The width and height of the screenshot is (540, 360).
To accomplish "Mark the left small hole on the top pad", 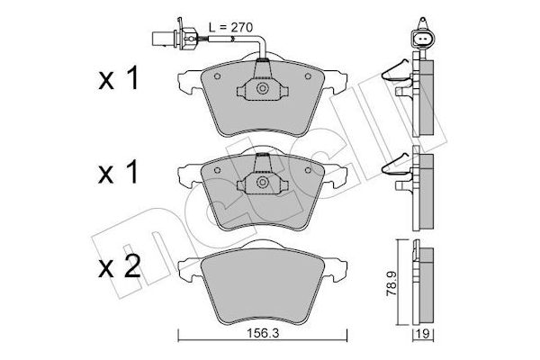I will click(212, 76).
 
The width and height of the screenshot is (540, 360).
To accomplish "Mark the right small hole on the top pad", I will click(309, 76).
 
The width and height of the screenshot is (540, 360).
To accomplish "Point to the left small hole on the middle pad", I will click(212, 170).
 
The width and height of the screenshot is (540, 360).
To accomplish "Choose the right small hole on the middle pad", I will click(309, 170).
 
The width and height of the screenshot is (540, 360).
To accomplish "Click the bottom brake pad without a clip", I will click(260, 288).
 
